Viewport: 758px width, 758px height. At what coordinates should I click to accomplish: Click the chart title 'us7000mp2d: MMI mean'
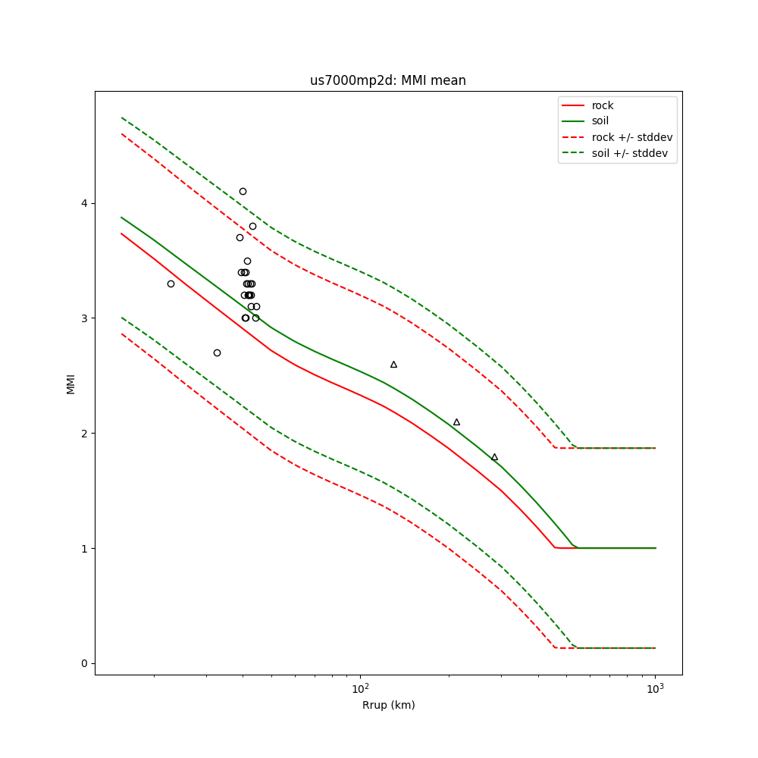coord(387,81)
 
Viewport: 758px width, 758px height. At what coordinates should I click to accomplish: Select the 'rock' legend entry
coord(603,105)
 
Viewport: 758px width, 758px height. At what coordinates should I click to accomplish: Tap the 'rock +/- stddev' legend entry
coord(631,137)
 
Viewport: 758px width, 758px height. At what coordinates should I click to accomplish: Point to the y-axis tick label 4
coord(84,203)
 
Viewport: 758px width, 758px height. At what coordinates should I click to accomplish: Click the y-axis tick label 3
coord(84,318)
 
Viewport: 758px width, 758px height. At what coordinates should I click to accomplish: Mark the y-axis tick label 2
coord(84,434)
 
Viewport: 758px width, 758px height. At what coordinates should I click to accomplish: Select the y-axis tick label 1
coord(84,548)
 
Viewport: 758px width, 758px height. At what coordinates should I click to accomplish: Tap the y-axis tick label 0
coord(84,663)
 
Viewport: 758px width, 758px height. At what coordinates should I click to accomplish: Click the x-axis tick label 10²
coord(360,688)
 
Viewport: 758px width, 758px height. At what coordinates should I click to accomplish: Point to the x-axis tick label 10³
coord(655,688)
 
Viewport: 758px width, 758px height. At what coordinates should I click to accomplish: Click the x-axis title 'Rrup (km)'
coord(388,705)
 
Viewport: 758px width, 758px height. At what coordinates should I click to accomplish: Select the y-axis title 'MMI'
coord(71,383)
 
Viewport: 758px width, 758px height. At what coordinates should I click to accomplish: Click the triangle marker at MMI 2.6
coord(393,365)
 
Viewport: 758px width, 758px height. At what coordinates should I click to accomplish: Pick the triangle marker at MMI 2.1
coord(456,422)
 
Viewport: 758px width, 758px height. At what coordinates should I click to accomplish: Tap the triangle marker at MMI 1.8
coord(494,457)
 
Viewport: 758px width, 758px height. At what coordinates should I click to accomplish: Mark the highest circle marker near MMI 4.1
coord(243,192)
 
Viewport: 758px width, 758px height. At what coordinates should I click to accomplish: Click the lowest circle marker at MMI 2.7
coord(217,352)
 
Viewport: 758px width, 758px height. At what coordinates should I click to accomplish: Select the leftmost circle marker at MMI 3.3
coord(171,283)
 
